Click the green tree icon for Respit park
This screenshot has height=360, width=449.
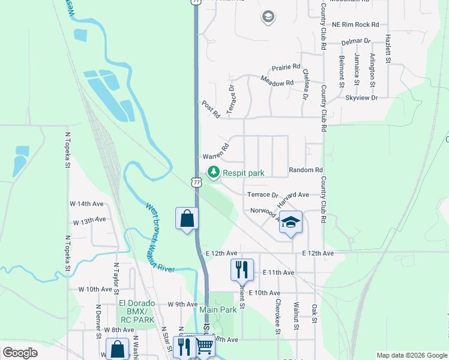(213, 173)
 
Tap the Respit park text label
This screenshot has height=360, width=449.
(244, 173)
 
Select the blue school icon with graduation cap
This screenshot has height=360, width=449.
(291, 223)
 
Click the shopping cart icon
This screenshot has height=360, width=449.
(205, 346)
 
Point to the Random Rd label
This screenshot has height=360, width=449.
(306, 170)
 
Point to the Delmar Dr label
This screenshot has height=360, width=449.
(356, 42)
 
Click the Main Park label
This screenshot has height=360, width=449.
(218, 310)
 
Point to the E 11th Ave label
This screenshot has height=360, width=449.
(279, 272)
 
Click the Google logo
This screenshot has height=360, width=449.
(20, 353)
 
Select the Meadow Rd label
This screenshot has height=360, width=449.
(277, 82)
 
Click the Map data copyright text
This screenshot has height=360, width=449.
(411, 355)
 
